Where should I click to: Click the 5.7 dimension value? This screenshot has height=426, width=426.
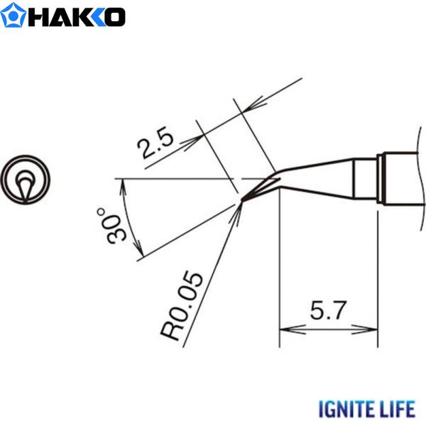[x=327, y=311]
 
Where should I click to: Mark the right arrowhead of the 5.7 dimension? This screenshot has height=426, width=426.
[x=371, y=329]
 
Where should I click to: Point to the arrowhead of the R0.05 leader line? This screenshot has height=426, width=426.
[x=237, y=209]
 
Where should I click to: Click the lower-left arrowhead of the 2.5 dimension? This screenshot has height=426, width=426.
[x=186, y=143]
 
